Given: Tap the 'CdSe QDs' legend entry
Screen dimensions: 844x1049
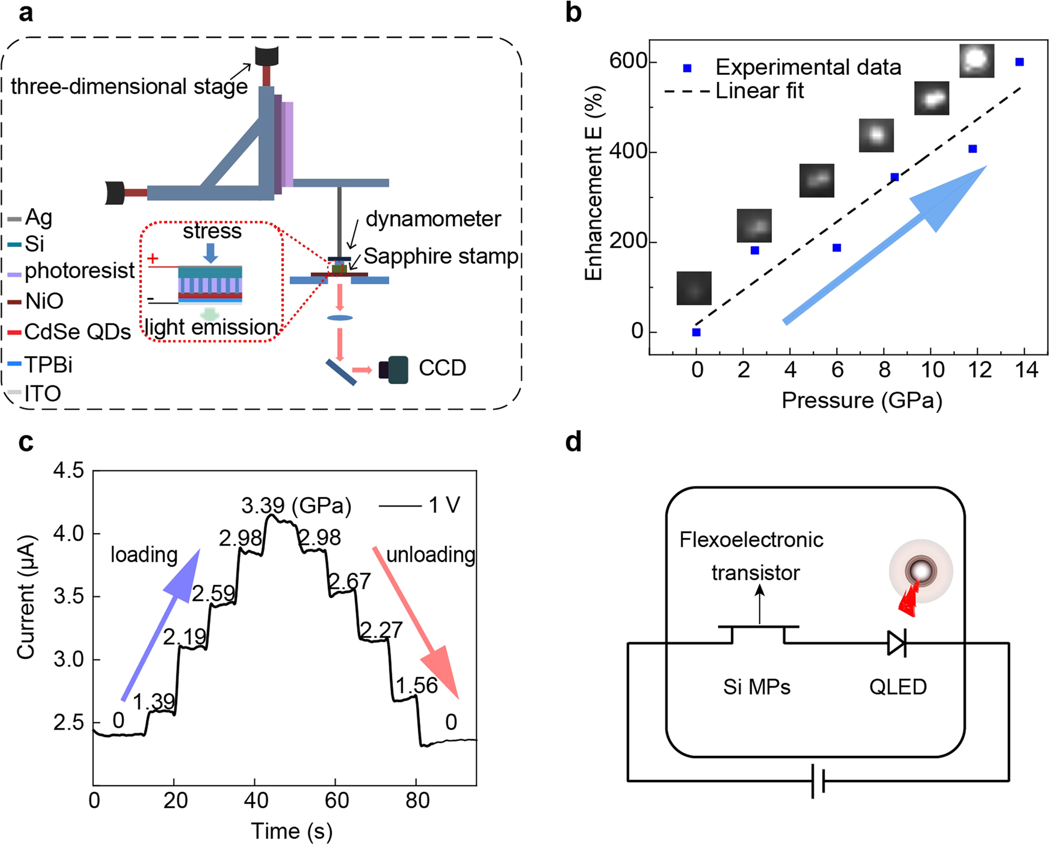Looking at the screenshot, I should click(77, 332).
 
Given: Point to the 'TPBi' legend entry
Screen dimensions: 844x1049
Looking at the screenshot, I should click(49, 364).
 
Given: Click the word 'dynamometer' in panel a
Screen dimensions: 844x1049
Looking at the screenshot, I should click(433, 219).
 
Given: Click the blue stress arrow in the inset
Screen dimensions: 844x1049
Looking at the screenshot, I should click(211, 252).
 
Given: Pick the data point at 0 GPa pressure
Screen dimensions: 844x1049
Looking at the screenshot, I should click(696, 332).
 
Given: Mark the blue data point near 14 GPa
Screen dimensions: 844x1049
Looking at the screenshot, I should click(1019, 62).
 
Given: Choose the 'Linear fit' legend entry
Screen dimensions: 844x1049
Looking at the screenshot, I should click(760, 91).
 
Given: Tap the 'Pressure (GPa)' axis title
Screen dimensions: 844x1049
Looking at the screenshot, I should click(862, 401).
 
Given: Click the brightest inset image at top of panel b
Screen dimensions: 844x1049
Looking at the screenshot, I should click(977, 61).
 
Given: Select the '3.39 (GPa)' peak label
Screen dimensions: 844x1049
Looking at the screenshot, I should click(296, 505).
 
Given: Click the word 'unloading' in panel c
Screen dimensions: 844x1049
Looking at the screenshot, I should click(431, 555).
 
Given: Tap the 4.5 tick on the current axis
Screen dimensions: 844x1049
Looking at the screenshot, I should click(68, 471).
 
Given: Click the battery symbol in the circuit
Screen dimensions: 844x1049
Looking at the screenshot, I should click(818, 781).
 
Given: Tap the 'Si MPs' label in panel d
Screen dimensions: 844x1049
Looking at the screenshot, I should click(756, 687).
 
